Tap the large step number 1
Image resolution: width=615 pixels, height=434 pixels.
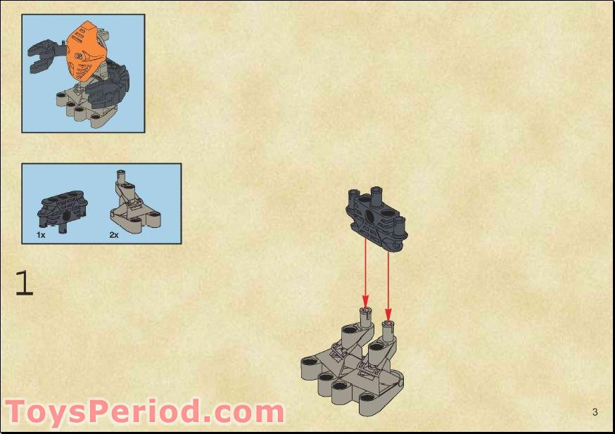click(24, 283)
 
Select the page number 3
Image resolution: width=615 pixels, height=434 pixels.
click(595, 412)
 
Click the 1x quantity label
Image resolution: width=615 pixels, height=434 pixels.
click(42, 235)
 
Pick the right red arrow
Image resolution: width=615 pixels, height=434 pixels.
click(388, 281)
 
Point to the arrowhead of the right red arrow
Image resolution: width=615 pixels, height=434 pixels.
click(388, 314)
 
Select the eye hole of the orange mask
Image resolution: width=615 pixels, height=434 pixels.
click(80, 55)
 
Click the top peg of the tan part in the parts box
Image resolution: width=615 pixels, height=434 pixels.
click(121, 173)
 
